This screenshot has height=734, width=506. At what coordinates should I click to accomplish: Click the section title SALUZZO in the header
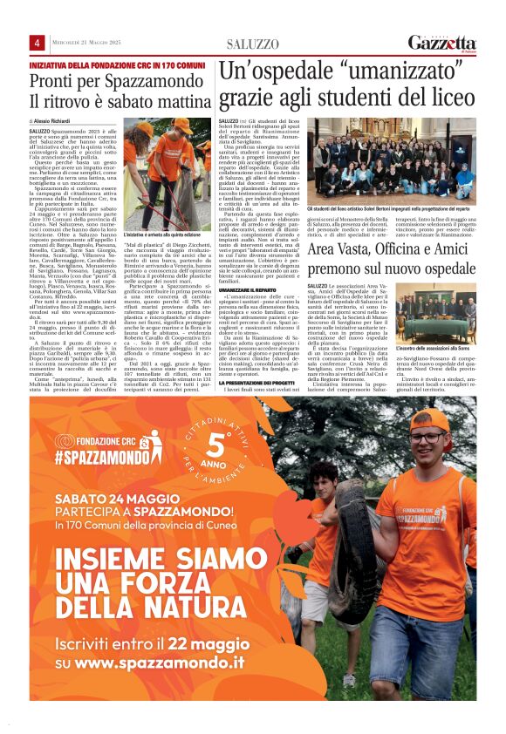click(253, 44)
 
